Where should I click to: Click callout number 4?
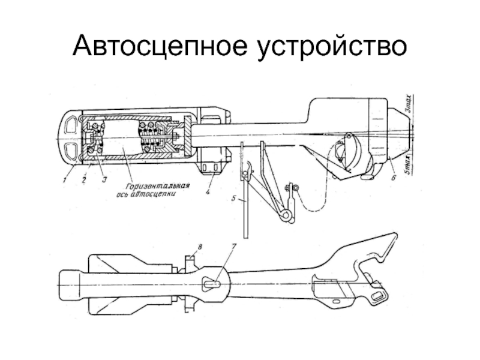click(207, 193)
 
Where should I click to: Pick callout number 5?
click(234, 197)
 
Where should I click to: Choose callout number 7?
click(233, 247)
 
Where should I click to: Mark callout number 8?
click(200, 247)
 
